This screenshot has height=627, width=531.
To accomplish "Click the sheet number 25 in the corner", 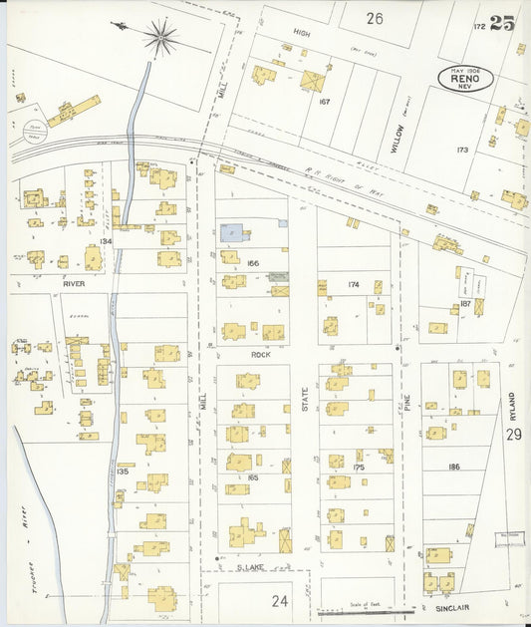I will pyautogui.click(x=502, y=23).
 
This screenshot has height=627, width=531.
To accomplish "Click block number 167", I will pyautogui.click(x=324, y=101).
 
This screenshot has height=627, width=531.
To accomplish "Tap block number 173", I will pyautogui.click(x=461, y=150).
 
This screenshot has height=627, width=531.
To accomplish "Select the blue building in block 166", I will pyautogui.click(x=232, y=232).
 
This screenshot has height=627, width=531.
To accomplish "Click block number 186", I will pyautogui.click(x=454, y=467).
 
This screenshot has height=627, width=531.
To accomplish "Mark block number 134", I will pyautogui.click(x=106, y=241).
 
